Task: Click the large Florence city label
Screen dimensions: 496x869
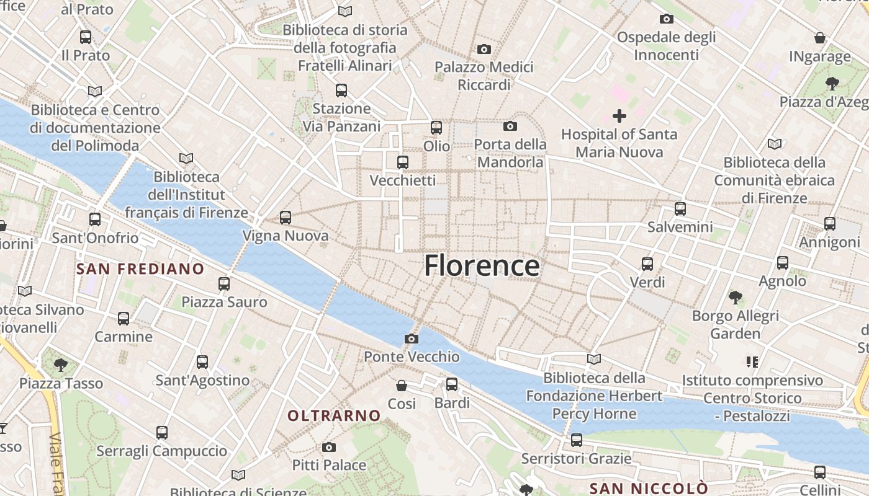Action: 482,265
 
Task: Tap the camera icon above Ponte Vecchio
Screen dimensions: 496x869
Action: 411,339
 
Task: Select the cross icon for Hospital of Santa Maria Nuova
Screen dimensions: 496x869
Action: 619,116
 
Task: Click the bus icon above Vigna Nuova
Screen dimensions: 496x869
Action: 285,218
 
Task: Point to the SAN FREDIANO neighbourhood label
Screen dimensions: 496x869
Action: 140,268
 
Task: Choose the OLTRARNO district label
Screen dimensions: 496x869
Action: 334,415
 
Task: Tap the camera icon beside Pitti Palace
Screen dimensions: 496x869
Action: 329,447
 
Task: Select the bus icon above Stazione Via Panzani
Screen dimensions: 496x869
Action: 341,91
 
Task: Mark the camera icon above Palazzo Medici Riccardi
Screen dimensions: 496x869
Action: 484,49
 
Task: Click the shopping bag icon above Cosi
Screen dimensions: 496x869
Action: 402,386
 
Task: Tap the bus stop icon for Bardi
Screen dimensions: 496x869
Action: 452,384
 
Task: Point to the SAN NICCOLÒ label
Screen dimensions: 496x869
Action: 648,488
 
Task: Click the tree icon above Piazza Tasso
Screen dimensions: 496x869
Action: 60,365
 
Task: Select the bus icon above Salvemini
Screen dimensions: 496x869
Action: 680,209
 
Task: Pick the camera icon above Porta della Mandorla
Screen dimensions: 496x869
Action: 510,126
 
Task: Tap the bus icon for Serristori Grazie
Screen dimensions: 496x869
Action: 577,440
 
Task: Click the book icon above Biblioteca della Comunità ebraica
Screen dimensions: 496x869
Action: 774,144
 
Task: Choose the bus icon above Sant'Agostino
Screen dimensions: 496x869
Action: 202,362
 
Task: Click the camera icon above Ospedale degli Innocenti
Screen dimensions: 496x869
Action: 666,19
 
